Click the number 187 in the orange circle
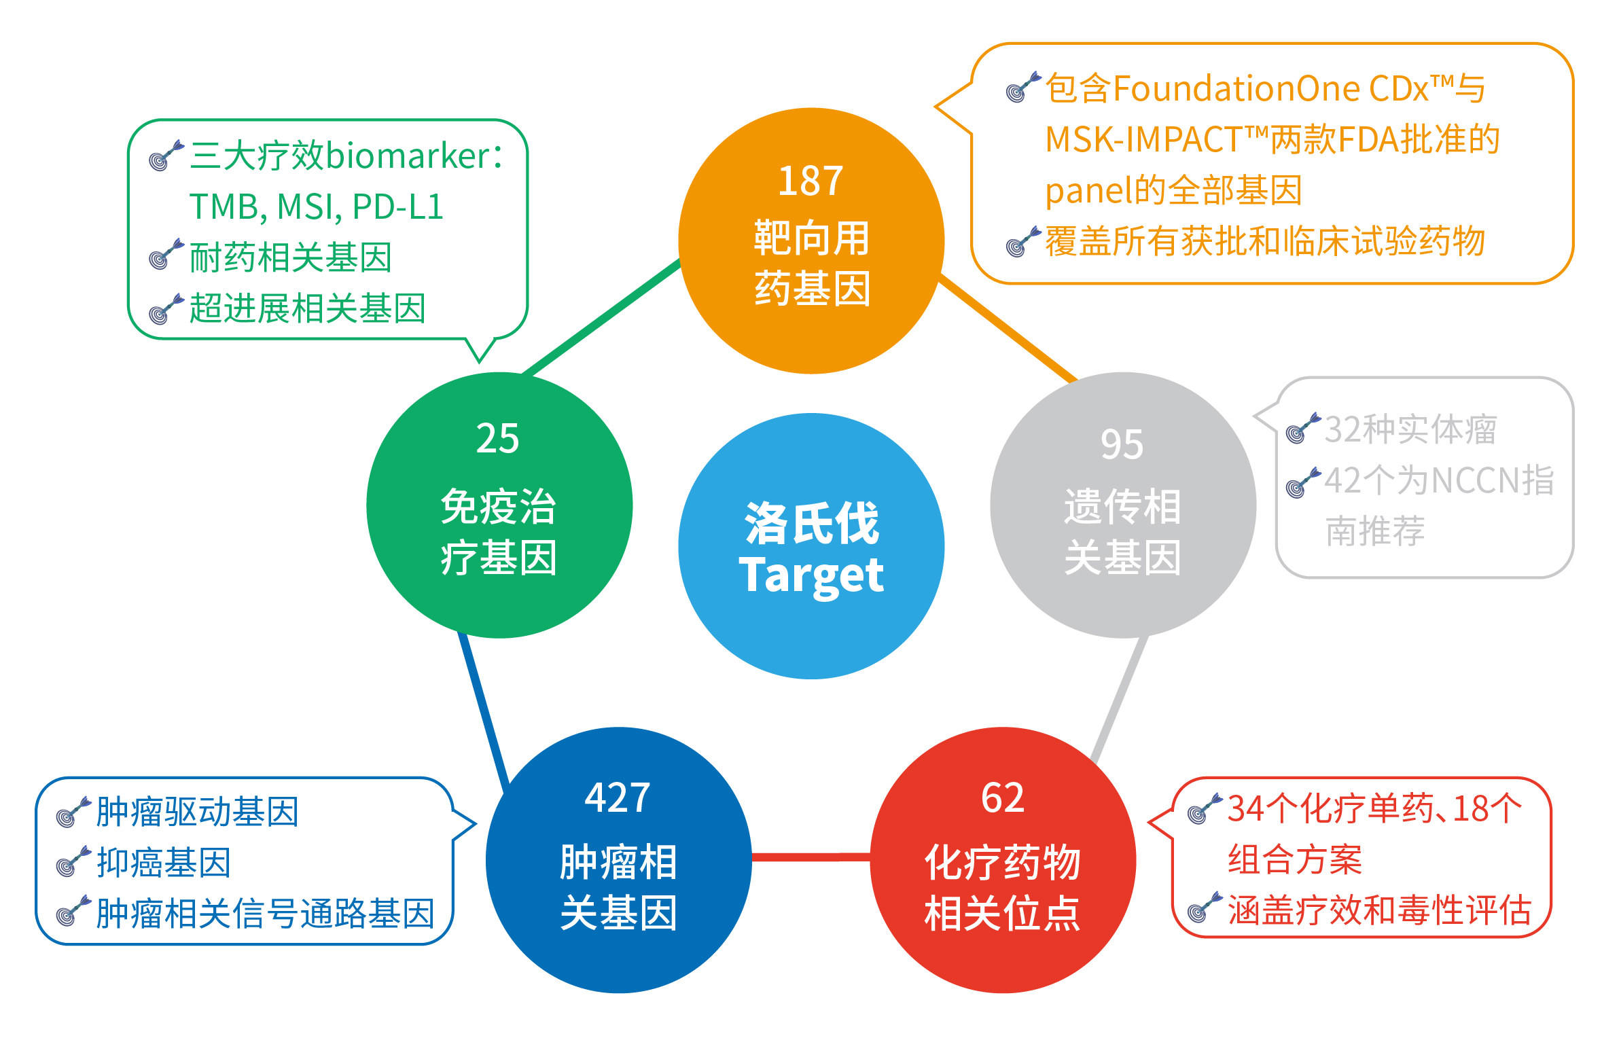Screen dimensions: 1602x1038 pyautogui.click(x=811, y=181)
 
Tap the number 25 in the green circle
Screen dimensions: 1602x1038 pyautogui.click(x=497, y=439)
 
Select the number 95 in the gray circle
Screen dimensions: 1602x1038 pyautogui.click(x=1122, y=445)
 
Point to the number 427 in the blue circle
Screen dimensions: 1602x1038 pyautogui.click(x=618, y=798)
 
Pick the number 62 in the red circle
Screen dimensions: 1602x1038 pyautogui.click(x=1003, y=798)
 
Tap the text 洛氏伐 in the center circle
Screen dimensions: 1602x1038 pyautogui.click(x=812, y=523)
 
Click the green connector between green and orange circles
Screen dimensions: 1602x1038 pyautogui.click(x=601, y=317)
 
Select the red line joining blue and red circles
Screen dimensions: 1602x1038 pyautogui.click(x=811, y=857)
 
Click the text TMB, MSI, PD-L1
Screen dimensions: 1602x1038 pyautogui.click(x=317, y=207)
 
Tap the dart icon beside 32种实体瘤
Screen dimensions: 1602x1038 pyautogui.click(x=1303, y=429)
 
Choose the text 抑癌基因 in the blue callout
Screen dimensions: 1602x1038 pyautogui.click(x=164, y=863)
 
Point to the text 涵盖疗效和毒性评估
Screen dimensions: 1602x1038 pyautogui.click(x=1380, y=910)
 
